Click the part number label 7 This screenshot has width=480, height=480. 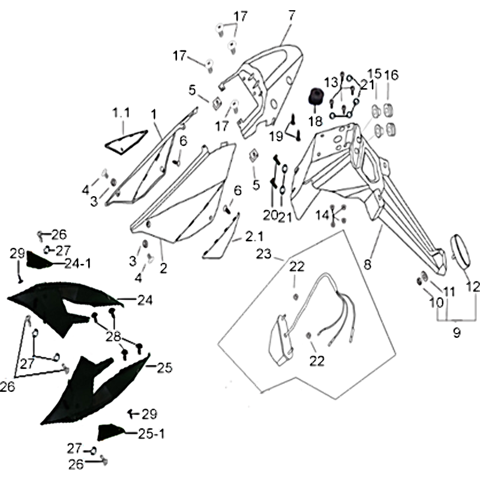click(x=292, y=16)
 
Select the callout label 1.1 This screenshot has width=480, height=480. click(x=121, y=113)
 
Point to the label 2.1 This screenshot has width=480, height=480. click(x=254, y=236)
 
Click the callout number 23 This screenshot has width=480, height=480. click(x=264, y=254)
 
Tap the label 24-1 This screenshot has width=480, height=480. click(x=78, y=263)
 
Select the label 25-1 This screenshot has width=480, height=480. click(x=152, y=433)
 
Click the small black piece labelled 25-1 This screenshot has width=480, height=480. click(x=110, y=431)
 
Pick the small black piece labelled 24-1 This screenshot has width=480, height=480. click(x=38, y=260)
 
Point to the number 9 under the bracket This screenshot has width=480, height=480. click(x=457, y=332)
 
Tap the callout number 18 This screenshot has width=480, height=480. click(x=316, y=121)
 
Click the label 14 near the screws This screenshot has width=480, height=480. click(x=322, y=215)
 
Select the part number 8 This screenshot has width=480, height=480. click(x=367, y=264)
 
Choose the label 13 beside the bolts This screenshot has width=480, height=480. click(x=331, y=82)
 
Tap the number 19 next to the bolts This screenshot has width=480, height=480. click(x=276, y=136)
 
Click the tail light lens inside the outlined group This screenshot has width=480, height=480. click(x=281, y=341)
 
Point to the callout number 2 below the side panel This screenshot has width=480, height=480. click(x=163, y=268)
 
